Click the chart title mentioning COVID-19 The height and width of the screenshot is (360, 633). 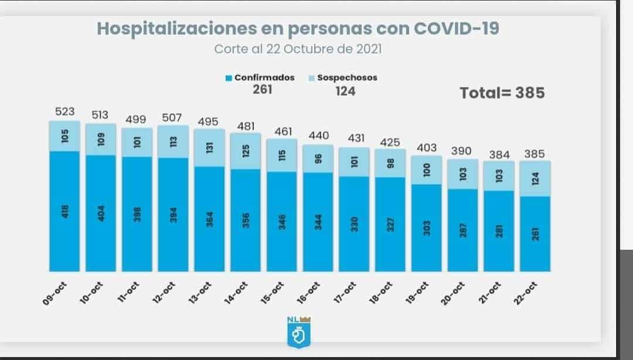coord(298,29)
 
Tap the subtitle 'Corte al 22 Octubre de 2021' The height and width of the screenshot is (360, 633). coord(298,49)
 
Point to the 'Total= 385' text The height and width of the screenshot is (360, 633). coord(502,93)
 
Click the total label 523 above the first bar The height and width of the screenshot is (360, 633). coord(64,111)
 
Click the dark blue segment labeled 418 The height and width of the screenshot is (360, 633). coord(64,211)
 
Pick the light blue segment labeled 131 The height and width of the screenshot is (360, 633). coord(209,148)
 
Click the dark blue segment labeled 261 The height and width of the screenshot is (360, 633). coord(535,233)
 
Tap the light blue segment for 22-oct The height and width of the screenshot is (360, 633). coord(535,178)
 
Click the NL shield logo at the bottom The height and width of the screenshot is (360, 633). coord(299,332)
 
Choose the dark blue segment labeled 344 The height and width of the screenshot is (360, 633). coord(318,222)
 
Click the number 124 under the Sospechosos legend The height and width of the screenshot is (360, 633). coord(345,91)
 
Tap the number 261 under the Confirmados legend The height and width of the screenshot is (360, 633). coord(262,90)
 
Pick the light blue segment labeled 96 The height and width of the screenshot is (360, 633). coord(318,159)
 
